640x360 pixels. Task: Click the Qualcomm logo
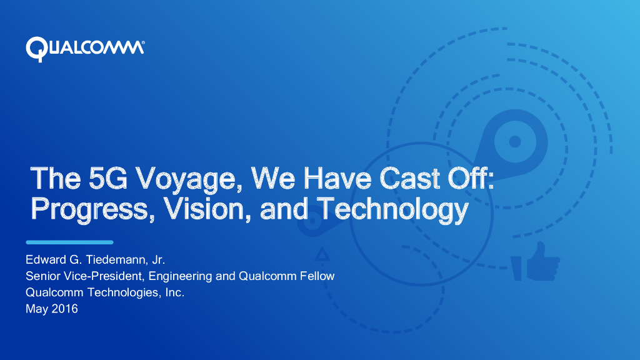[x=85, y=48]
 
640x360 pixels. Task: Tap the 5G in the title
[x=106, y=179]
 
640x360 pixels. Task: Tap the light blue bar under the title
[x=69, y=242]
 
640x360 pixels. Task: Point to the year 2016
[x=65, y=308]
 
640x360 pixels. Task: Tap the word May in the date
[x=37, y=308]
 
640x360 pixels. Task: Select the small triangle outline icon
[x=322, y=254]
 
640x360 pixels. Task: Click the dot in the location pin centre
[x=514, y=142]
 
